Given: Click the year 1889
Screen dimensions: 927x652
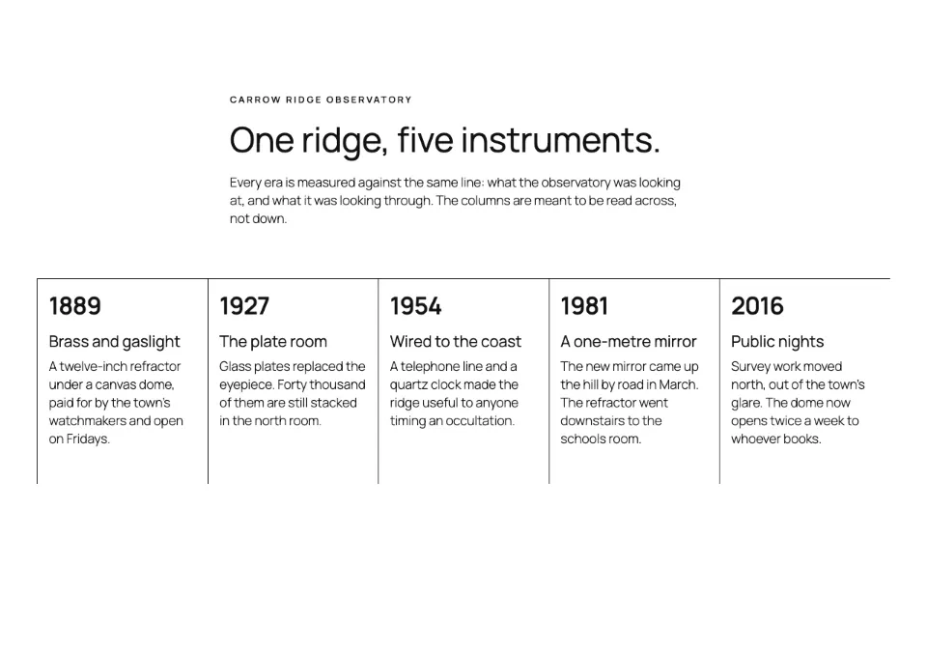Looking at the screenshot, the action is click(x=75, y=306).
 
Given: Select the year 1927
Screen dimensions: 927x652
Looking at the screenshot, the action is click(x=244, y=306).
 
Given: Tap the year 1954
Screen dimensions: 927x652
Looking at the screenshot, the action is click(x=415, y=306).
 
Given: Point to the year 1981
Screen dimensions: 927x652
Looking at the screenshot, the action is click(x=584, y=306).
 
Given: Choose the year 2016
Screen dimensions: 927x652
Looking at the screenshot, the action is click(x=757, y=306).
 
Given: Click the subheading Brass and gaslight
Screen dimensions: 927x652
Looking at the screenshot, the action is click(x=114, y=342).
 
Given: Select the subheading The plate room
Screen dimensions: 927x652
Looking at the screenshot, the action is click(x=273, y=342).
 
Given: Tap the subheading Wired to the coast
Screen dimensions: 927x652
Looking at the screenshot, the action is click(x=456, y=342).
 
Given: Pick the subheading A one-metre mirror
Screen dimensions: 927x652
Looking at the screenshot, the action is click(x=629, y=342).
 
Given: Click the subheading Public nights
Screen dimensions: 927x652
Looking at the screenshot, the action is click(x=777, y=342).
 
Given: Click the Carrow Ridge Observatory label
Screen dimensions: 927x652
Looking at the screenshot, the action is click(x=321, y=100).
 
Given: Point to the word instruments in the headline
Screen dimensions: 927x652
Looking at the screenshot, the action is click(x=560, y=141).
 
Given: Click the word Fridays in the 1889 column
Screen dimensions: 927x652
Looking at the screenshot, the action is click(x=88, y=439).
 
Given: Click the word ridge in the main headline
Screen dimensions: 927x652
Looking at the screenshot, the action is click(x=345, y=142).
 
